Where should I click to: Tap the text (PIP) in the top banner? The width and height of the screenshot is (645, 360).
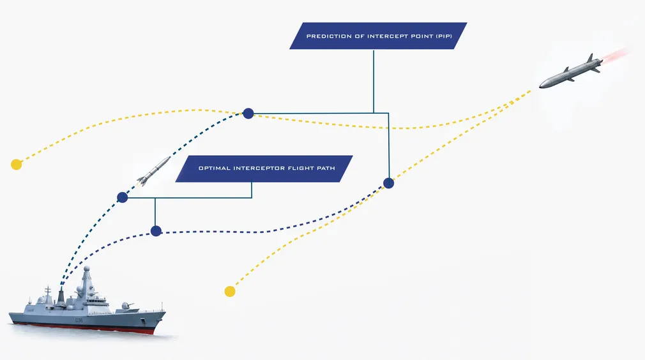point(444,36)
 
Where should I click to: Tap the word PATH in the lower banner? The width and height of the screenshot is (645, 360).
point(326,168)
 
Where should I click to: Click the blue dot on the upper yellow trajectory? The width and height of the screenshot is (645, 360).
point(248,114)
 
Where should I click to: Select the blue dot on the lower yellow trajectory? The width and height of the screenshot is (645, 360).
point(389,183)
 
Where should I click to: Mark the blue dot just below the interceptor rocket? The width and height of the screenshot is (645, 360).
point(123,198)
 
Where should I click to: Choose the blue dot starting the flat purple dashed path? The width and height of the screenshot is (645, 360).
point(156,231)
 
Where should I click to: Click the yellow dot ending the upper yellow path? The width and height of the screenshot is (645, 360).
point(17,165)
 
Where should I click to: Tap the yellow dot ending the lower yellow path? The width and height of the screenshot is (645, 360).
point(230,291)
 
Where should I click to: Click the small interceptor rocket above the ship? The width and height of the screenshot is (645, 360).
point(153,170)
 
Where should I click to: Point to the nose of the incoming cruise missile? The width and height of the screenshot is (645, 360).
point(540,86)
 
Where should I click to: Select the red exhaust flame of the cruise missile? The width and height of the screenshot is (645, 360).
point(616,56)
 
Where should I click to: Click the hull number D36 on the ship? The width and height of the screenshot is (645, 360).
point(79,320)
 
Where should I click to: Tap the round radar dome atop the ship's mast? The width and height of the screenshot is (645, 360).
point(87,269)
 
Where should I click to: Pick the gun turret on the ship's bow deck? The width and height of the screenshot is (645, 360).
point(125,306)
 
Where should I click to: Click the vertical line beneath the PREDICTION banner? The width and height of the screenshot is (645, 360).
point(374,81)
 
